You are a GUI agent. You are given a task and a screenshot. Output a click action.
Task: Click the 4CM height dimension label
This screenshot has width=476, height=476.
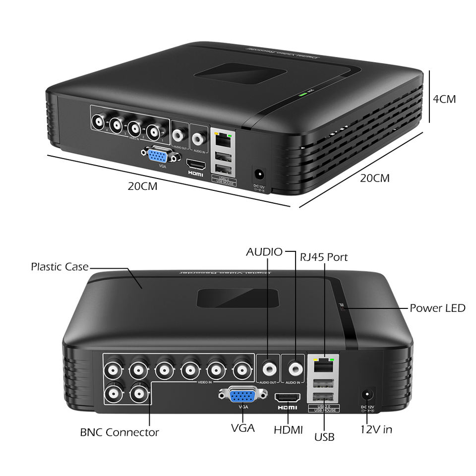click(x=444, y=99)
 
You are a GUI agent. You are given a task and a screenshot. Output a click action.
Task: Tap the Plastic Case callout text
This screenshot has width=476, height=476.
click(x=59, y=267)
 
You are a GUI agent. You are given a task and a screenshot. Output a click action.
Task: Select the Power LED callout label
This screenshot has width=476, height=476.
click(x=437, y=308)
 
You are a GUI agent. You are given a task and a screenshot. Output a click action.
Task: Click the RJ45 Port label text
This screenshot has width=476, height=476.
click(x=324, y=257)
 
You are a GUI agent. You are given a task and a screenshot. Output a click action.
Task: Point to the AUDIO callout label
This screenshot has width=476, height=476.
click(x=264, y=252)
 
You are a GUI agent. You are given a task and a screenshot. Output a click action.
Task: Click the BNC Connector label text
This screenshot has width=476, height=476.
click(x=119, y=432)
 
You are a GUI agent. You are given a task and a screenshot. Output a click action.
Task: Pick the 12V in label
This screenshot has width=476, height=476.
click(x=376, y=429)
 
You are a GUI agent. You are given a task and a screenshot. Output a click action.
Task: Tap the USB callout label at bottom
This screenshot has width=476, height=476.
click(x=324, y=437)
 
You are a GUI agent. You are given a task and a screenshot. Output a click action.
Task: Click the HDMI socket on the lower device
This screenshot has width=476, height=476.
click(x=288, y=398)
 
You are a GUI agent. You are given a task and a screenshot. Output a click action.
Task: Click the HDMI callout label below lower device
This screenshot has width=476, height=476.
click(x=288, y=430)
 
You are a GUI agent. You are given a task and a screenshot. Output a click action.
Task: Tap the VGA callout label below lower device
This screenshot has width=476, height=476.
click(x=243, y=427)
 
